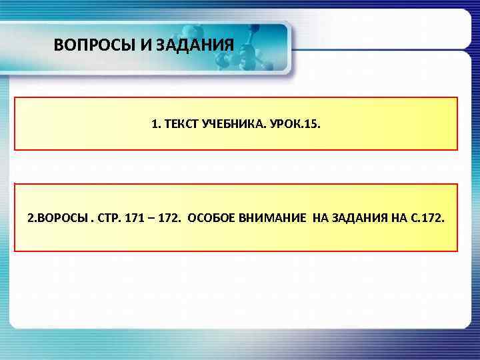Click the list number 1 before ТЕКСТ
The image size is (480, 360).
click(155, 123)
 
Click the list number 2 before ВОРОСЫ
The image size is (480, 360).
click(31, 218)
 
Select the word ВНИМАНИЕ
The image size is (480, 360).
click(271, 218)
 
